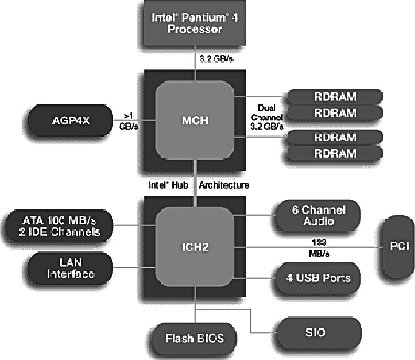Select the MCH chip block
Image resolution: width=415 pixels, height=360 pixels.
click(195, 120)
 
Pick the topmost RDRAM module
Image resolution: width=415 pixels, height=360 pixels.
click(335, 97)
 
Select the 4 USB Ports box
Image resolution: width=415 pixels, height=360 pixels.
click(318, 278)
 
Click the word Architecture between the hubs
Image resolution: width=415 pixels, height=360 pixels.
click(224, 183)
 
